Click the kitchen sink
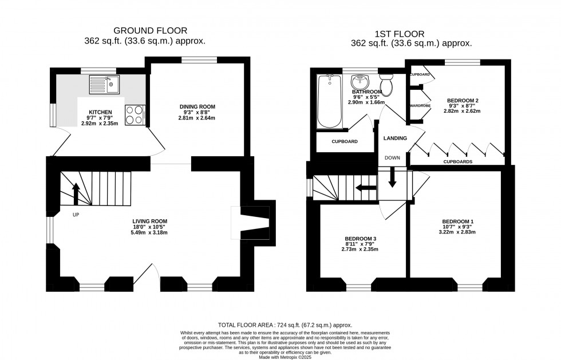coord(104,85)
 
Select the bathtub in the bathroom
coord(330,102)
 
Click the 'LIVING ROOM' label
coord(149,221)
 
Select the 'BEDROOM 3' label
coord(360,238)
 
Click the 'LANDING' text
coord(395,138)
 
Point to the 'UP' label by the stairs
coord(76,215)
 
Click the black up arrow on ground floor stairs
coord(75,194)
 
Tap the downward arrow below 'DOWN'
coord(392,177)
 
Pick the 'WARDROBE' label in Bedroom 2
coord(420,106)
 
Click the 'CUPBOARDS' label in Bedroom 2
coord(458,162)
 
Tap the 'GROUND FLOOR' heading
coord(150,30)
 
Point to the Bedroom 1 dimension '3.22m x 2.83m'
coord(457,233)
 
